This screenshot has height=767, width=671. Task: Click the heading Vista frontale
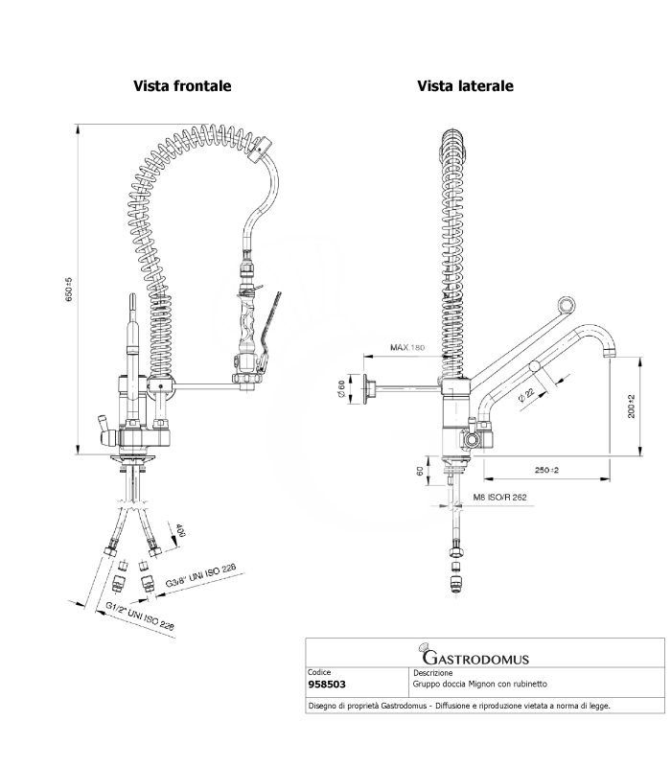click(x=182, y=86)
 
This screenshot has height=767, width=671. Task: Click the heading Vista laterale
click(x=465, y=86)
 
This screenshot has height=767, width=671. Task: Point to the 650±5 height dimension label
click(x=69, y=290)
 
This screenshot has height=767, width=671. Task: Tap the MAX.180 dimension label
click(x=407, y=348)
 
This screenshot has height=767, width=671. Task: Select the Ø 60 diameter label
click(x=341, y=388)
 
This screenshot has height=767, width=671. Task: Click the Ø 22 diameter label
click(x=526, y=394)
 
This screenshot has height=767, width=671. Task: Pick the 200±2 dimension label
click(x=631, y=407)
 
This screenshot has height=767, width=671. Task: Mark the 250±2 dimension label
click(x=546, y=470)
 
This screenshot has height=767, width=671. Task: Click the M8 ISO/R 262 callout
click(x=499, y=497)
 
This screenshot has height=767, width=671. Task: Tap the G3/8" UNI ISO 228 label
click(x=200, y=574)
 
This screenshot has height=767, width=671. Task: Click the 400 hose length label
click(x=180, y=530)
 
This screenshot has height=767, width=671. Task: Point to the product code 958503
click(x=327, y=685)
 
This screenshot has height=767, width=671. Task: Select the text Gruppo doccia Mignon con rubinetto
click(x=480, y=684)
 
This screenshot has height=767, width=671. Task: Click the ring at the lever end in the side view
click(x=566, y=305)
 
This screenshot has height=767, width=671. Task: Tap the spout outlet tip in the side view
click(x=609, y=353)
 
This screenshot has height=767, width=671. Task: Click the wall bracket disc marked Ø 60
click(x=366, y=389)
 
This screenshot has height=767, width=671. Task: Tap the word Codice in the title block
click(x=319, y=673)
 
